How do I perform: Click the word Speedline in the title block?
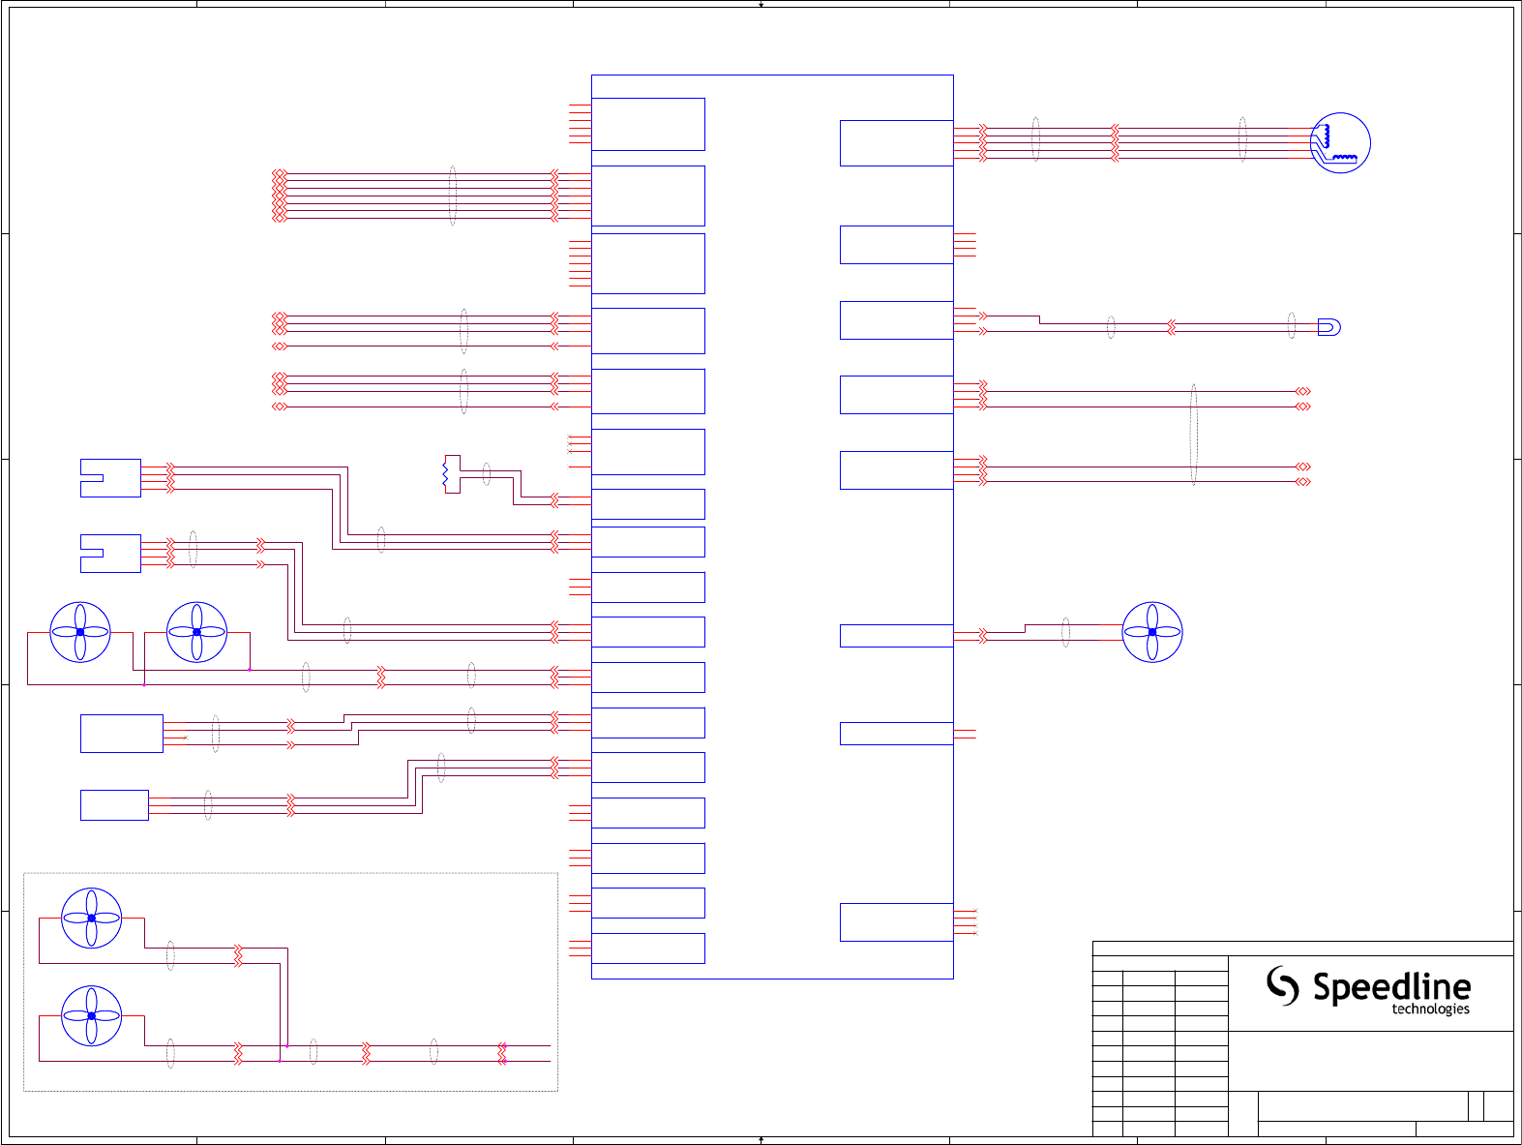point(1391,987)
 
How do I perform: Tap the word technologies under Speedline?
point(1430,1009)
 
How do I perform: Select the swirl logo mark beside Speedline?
point(1283,985)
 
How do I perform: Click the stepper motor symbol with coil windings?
point(1340,143)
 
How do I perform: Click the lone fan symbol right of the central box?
point(1151,632)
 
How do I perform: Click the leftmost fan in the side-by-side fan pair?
point(80,632)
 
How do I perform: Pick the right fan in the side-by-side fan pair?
point(196,632)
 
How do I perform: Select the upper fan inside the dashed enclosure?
point(91,918)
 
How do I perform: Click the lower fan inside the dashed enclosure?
point(91,1015)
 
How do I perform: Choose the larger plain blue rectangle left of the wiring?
point(122,733)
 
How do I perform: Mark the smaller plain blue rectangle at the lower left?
point(114,805)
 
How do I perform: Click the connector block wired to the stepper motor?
point(896,142)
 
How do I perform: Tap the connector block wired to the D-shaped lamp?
point(896,320)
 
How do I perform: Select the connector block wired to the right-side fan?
point(896,635)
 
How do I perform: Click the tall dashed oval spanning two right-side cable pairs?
point(1193,434)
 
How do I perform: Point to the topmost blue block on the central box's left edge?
point(648,124)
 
